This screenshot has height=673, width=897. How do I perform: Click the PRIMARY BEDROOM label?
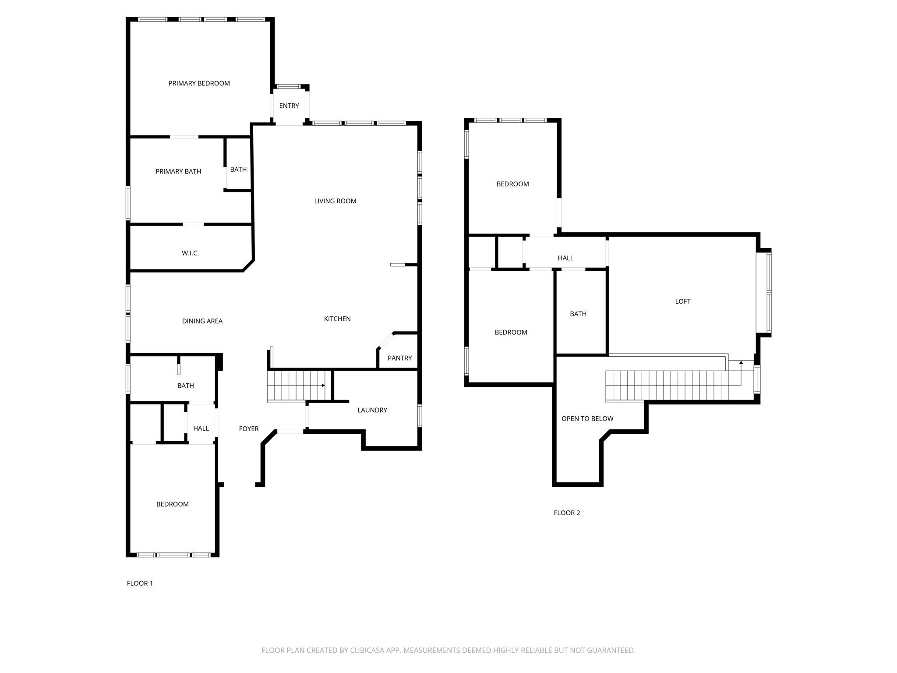coord(199,83)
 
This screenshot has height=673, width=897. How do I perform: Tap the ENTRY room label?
coord(289,106)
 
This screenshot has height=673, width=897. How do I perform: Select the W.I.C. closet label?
coord(190,253)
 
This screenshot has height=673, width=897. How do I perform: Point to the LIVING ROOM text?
coord(335,201)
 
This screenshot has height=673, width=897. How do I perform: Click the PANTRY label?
coord(399,358)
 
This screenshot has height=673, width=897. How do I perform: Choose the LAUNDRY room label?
coord(372,410)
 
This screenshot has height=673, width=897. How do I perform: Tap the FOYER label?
coord(249,429)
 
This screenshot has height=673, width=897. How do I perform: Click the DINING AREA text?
coord(202,321)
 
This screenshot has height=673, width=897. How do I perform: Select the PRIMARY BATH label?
coord(178,171)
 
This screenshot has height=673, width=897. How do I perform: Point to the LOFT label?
coord(682,301)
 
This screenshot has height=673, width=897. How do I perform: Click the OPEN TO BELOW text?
coord(587,418)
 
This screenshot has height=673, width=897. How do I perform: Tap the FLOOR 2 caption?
coord(567,513)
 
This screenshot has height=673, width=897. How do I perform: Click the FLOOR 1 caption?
coord(140,583)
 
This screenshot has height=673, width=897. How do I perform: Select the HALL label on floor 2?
coord(565,258)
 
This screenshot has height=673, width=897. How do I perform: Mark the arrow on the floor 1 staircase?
coord(323,386)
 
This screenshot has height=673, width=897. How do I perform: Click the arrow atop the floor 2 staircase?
coord(741,362)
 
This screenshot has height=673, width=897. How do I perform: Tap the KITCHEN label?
coord(337,319)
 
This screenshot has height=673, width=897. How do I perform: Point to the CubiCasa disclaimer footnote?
coord(448,650)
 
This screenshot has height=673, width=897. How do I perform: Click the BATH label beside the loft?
coord(578,314)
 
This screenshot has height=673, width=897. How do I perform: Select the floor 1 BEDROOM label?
coord(173,504)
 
